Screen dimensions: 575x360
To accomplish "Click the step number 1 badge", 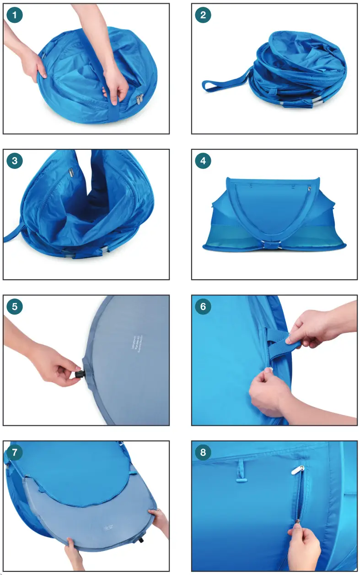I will (x=15, y=15).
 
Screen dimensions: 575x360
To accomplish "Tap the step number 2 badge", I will (x=203, y=15).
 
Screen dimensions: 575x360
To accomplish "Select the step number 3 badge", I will (x=15, y=161).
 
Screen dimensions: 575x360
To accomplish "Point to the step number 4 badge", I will (x=203, y=161).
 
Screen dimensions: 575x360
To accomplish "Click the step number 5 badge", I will (x=15, y=306).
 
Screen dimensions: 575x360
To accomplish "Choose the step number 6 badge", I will (x=203, y=306).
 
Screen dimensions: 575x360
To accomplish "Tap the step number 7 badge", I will (x=15, y=452).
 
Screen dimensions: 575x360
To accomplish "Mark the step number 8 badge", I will (x=203, y=452).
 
